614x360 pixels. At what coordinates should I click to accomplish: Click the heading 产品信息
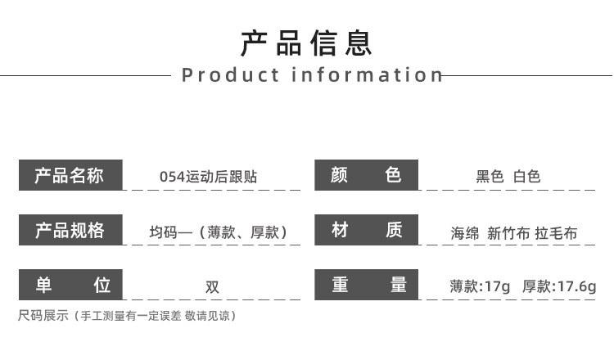307,43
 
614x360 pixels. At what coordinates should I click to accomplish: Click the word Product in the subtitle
230,75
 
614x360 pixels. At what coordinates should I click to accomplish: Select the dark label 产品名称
70,175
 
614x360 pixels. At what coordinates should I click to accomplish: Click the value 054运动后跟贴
208,177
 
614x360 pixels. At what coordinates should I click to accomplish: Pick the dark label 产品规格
70,231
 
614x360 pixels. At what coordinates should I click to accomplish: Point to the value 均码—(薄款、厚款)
218,233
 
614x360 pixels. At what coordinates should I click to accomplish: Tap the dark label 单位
70,285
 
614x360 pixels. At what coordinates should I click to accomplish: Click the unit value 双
212,287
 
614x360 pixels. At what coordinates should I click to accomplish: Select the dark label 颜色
366,175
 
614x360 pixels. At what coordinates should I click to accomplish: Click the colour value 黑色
490,177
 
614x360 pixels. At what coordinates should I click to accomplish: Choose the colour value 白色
527,177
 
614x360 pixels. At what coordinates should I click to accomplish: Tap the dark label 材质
366,231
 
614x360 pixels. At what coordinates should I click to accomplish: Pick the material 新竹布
508,233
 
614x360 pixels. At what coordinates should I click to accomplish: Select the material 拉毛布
557,233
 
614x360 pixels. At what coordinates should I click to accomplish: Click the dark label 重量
366,285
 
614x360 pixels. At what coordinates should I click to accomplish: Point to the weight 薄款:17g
480,286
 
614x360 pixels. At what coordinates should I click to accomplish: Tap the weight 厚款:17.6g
559,286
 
